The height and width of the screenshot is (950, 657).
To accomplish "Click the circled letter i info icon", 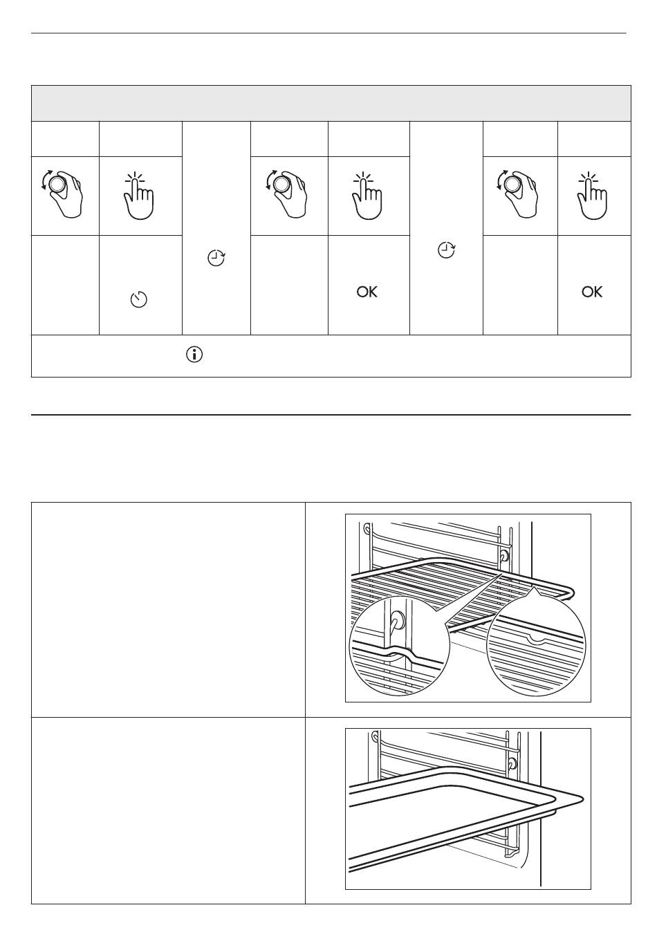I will (194, 355).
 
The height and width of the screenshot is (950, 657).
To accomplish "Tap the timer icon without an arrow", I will (139, 300).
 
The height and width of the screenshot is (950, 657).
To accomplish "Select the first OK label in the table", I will (367, 292).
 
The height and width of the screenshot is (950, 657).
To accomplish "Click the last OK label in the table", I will (592, 292).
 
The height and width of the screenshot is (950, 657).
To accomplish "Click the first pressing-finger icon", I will (139, 196).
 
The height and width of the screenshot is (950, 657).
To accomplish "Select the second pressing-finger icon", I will (367, 196).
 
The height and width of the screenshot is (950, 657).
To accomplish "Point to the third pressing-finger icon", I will (592, 196).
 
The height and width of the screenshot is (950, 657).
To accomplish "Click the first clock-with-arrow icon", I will (216, 259).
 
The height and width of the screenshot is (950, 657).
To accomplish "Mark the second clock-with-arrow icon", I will (447, 250).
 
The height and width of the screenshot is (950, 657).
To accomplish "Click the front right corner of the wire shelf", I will (570, 593).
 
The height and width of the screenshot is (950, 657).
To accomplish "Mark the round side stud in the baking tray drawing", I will (512, 763).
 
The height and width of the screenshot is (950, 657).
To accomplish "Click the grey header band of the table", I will (331, 103).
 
